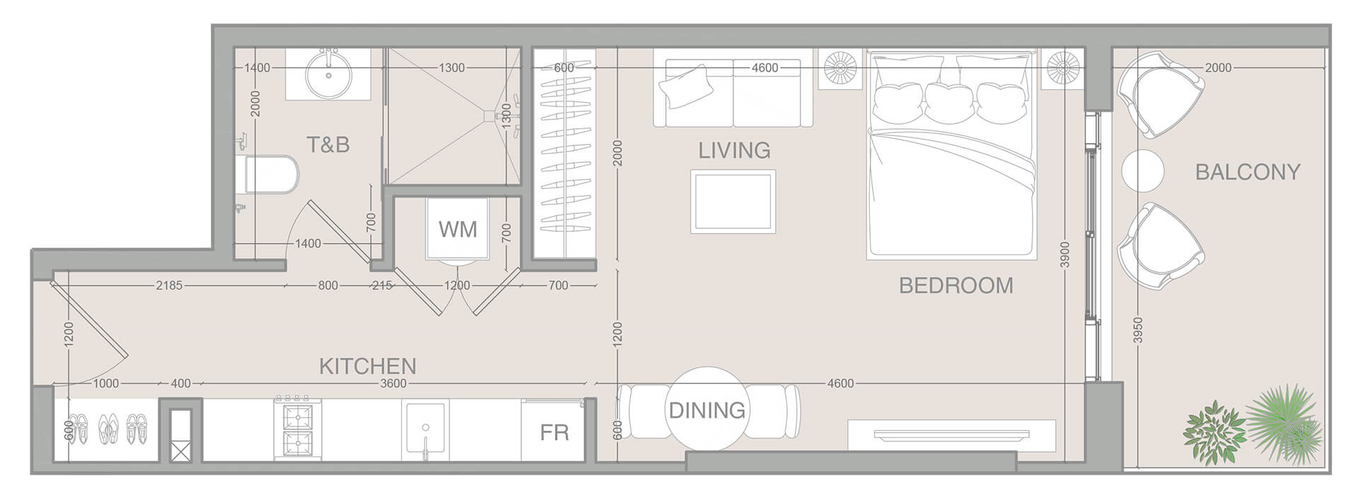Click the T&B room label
point(328,145)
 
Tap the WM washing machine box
point(457,229)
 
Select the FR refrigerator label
point(554,432)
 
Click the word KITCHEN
point(367,366)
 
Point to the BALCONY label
point(1247,172)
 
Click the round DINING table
point(706,409)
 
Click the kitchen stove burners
point(297,429)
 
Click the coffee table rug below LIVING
point(733,201)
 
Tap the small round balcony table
point(1142,171)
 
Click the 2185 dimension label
point(169,285)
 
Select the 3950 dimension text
point(1137,330)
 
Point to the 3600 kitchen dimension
point(393,383)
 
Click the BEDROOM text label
point(956,285)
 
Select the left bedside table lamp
point(840,68)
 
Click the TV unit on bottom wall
point(951,434)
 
